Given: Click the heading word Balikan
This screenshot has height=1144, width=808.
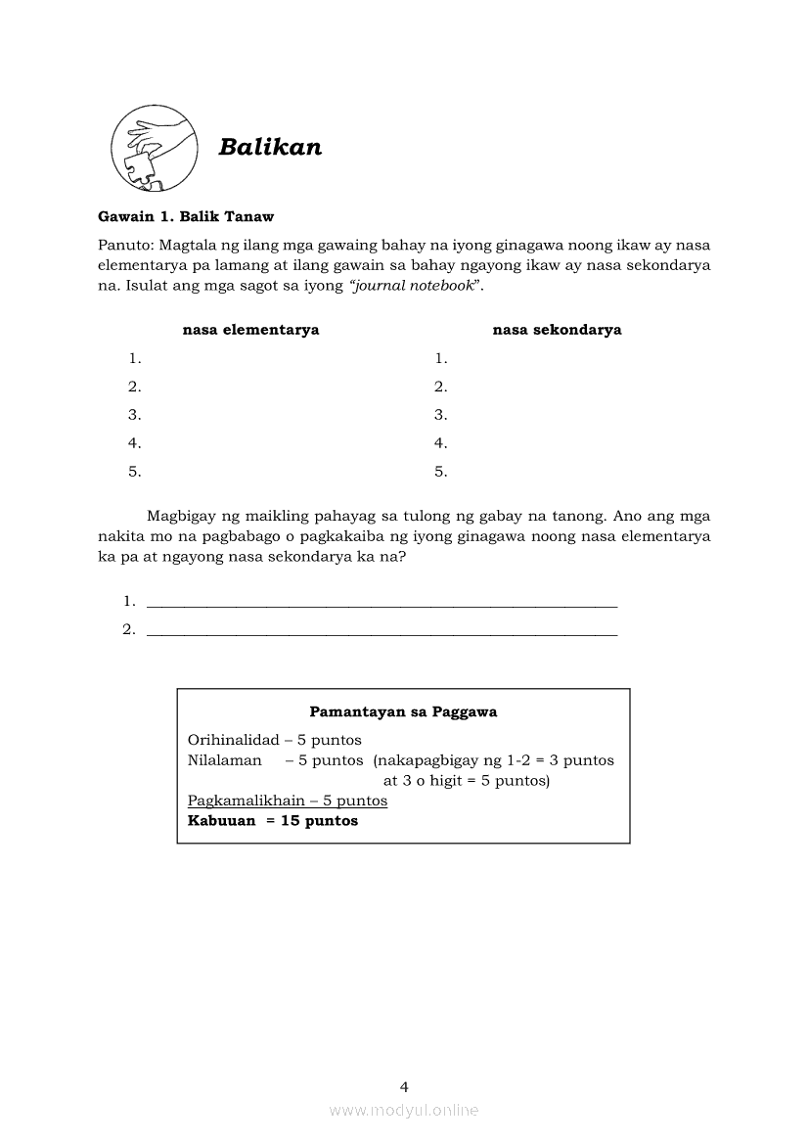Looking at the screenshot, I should point(270,147).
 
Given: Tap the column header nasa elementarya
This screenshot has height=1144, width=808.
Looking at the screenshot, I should point(250,330).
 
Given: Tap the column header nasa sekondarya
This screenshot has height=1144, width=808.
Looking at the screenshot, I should point(557,330).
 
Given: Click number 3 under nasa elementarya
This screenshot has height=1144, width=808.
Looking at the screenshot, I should point(135,415).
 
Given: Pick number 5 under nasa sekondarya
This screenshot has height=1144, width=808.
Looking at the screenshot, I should point(441,472).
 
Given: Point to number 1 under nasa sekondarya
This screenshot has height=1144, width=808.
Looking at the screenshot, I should point(441,358).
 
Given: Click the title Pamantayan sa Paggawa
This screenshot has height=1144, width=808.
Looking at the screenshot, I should point(403,712).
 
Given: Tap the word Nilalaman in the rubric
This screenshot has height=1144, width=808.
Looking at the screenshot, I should point(225,760).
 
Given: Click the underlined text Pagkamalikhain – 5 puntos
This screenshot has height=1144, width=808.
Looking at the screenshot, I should point(288,801).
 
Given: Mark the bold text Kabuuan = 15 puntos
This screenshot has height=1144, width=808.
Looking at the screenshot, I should point(273,821).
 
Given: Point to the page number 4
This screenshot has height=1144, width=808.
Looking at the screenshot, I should point(404,1086).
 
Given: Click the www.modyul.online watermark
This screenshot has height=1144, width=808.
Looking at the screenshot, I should point(404,1111).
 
